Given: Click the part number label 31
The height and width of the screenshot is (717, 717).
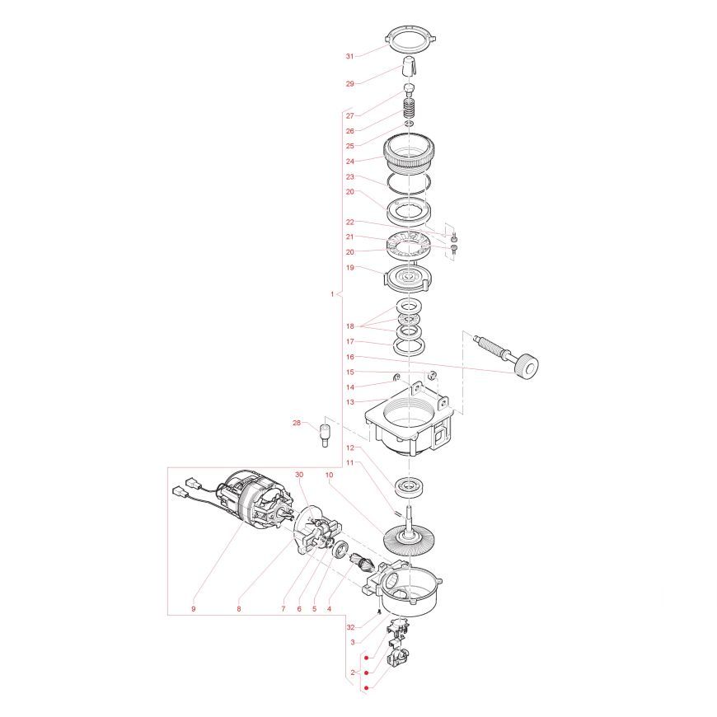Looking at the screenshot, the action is pos(349,56).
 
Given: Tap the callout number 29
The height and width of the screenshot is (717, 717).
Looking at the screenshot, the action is pos(349,84).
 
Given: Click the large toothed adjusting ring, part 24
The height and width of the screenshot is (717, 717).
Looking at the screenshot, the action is pos(408,152).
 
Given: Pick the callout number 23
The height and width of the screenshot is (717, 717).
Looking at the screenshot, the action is pos(349,176).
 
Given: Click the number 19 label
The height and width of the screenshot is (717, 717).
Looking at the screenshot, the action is pos(349,268).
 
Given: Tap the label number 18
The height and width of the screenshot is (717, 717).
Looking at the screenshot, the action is pos(349,326).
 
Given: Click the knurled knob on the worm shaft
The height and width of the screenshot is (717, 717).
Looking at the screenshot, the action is pos(526,367).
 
